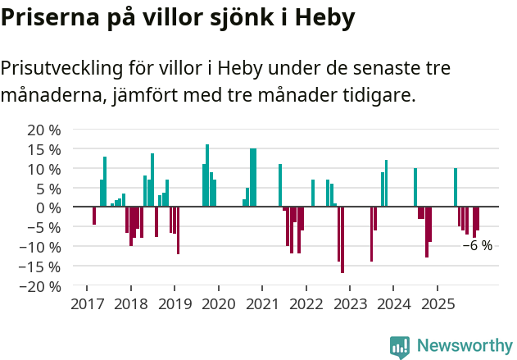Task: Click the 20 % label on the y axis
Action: coord(44,130)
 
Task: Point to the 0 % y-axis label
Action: coord(48,207)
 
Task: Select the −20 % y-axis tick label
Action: coord(41,286)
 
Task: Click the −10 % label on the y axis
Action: coord(41,247)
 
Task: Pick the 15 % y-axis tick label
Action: coord(44,149)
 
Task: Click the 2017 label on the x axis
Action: coord(86,304)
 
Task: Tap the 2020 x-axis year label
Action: coord(218,304)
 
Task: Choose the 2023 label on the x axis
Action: coord(349,304)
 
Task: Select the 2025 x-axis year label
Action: coord(437,304)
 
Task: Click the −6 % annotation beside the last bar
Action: coord(478,245)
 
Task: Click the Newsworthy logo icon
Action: coord(400,347)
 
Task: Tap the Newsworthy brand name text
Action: coord(464,346)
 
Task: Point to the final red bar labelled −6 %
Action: coord(478,218)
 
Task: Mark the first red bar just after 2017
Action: coord(94,216)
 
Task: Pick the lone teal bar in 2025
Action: coord(456,188)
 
